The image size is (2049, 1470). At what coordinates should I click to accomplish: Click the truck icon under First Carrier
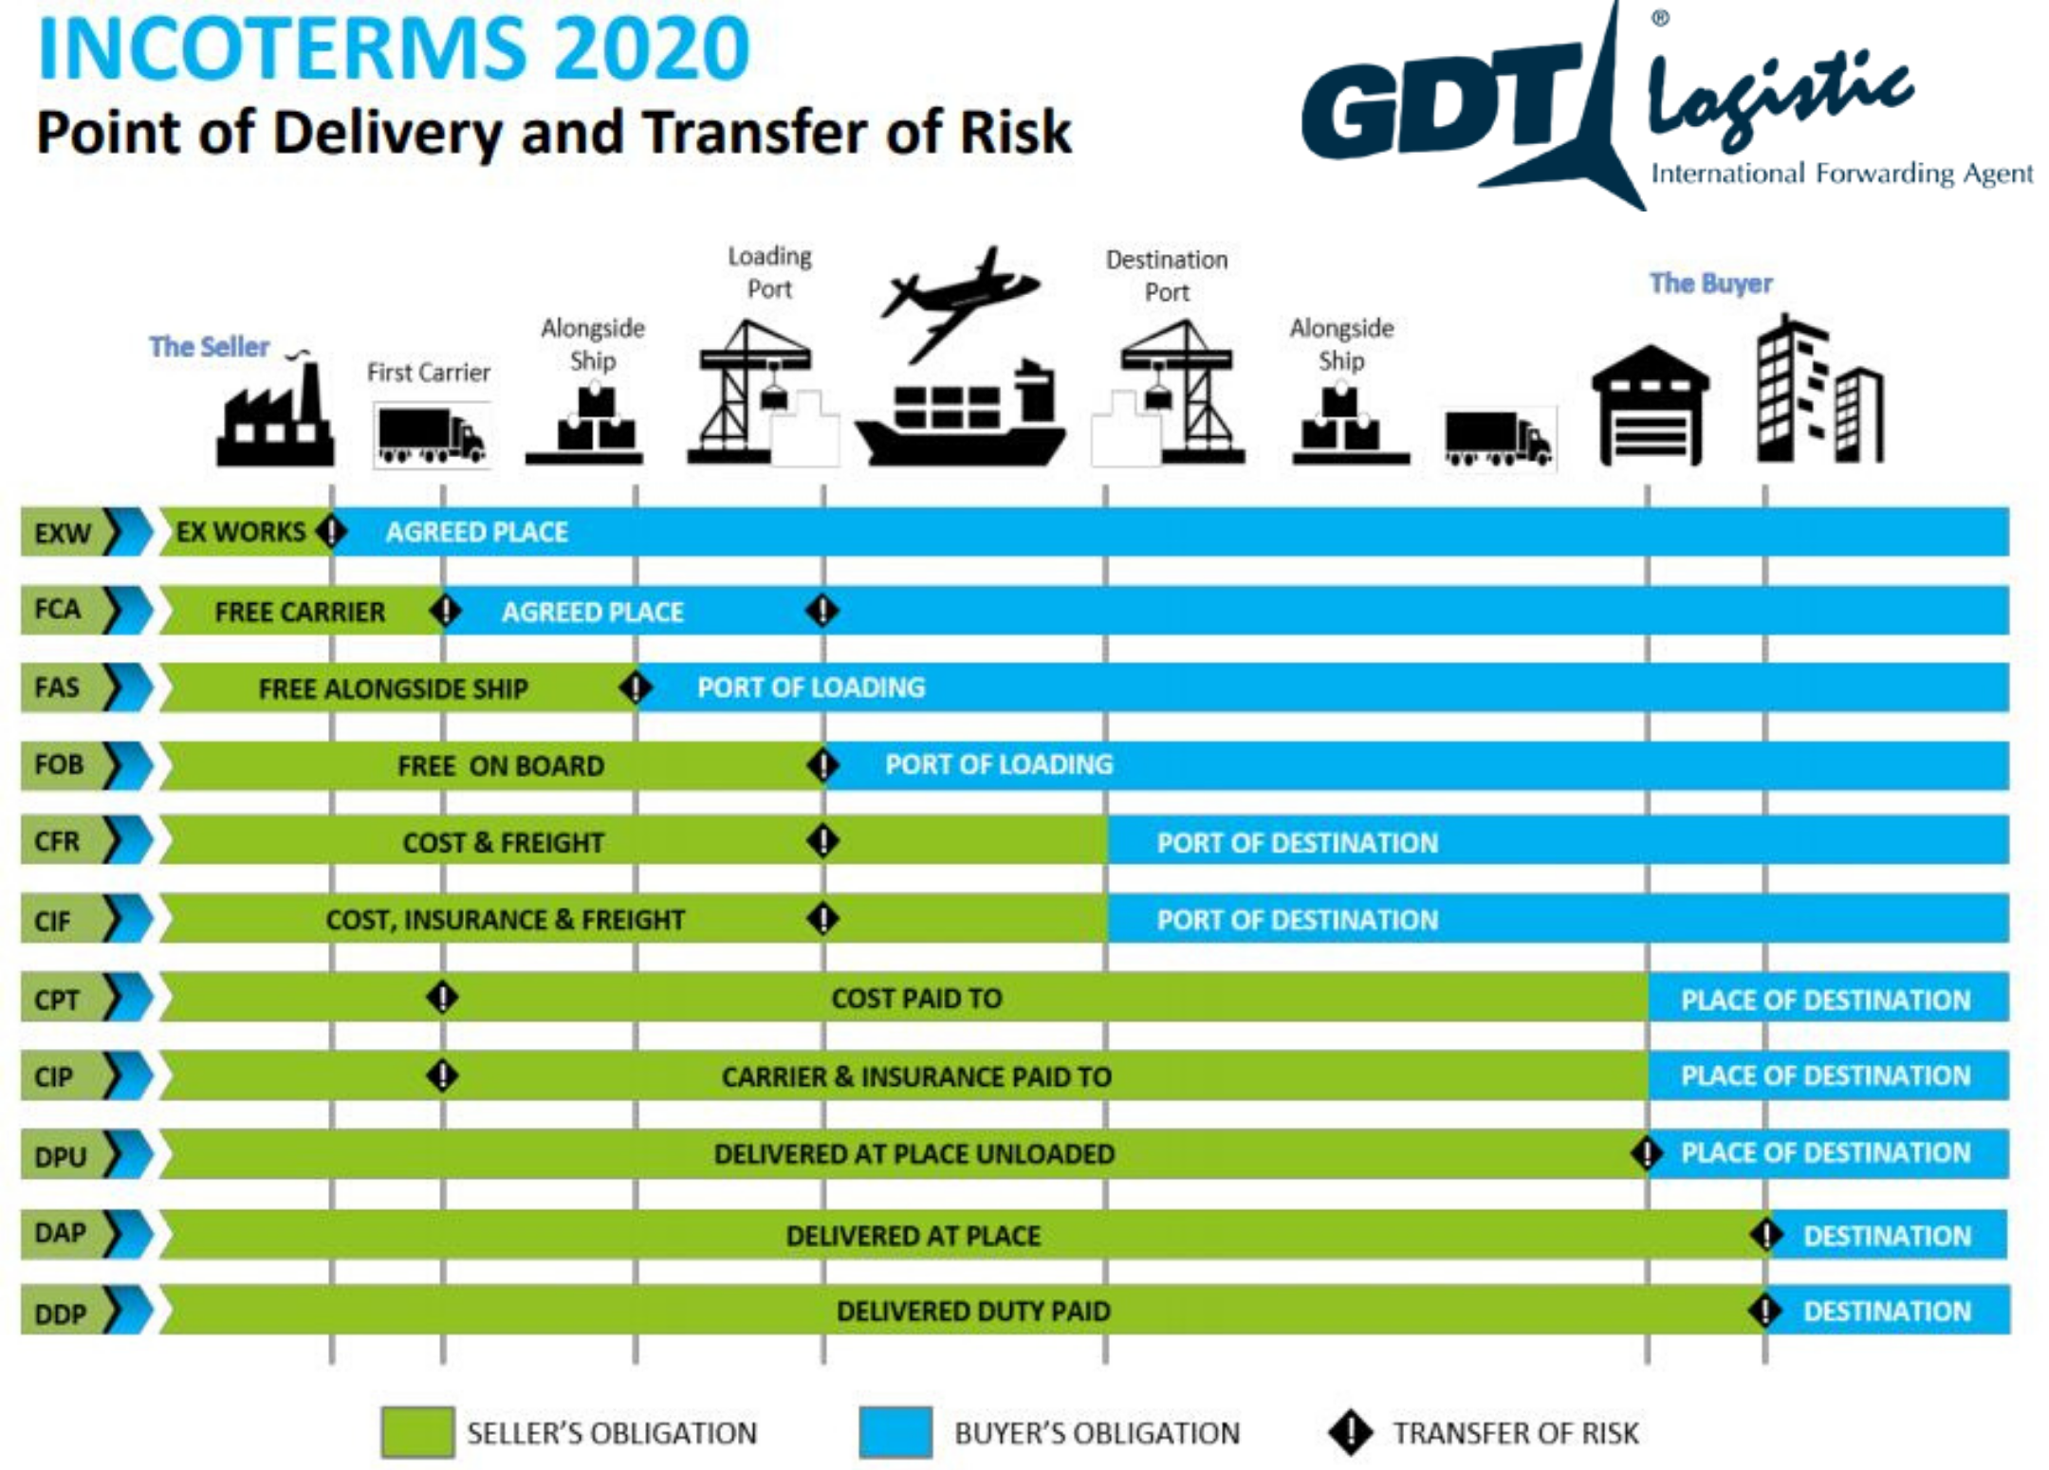point(432,436)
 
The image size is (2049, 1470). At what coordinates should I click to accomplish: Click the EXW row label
point(63,533)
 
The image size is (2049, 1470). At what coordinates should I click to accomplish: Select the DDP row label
point(61,1314)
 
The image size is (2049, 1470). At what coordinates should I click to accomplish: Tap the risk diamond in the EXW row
point(331,531)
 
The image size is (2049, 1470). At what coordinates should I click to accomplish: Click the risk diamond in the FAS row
point(635,688)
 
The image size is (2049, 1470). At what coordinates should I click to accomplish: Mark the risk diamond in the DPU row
point(1647,1153)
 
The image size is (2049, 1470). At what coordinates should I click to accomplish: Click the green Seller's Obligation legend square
point(417,1432)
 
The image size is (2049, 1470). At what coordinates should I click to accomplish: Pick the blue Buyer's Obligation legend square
point(895,1432)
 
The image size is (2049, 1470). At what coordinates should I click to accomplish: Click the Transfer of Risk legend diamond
point(1350,1432)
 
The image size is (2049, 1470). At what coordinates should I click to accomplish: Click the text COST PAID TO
point(916,998)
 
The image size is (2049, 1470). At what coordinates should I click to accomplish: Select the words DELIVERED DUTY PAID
point(972,1311)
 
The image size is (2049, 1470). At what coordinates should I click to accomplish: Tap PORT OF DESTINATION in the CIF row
point(1297,919)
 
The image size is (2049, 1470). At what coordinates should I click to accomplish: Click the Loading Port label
point(769,272)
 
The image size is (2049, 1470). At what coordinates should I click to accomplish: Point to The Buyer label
point(1710,283)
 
